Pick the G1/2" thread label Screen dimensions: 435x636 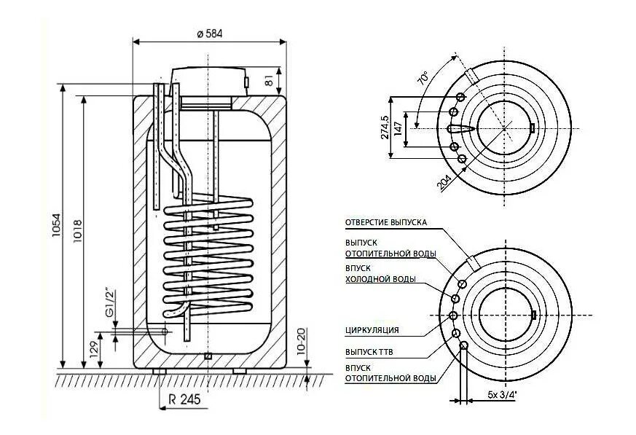click(x=111, y=303)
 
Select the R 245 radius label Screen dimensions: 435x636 click(x=182, y=399)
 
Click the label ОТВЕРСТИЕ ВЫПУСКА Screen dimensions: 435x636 click(x=385, y=222)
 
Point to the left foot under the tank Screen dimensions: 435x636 click(x=160, y=372)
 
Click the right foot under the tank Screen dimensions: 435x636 click(x=239, y=372)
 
